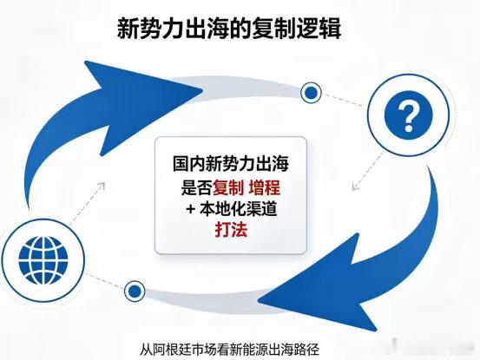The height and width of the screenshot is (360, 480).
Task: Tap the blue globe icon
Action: tap(43, 260)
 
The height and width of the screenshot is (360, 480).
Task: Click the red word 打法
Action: tap(231, 229)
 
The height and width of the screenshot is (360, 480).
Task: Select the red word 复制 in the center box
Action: tap(228, 187)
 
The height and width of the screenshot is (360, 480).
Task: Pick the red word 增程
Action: tap(265, 187)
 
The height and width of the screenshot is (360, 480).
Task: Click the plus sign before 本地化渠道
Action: tap(191, 209)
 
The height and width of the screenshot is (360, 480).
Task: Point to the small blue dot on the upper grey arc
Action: tap(311, 92)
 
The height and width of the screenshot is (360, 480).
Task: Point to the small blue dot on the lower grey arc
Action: tap(134, 291)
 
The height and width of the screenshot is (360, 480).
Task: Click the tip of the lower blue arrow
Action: tap(259, 301)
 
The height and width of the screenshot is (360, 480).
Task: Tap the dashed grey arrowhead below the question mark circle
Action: tap(355, 187)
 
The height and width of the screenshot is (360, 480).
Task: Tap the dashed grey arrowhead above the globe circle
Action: tap(101, 186)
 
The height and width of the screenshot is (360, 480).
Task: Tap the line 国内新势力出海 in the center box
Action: tap(231, 164)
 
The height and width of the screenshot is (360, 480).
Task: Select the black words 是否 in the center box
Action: tap(196, 187)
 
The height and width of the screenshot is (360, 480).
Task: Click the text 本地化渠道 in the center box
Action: tap(239, 209)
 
